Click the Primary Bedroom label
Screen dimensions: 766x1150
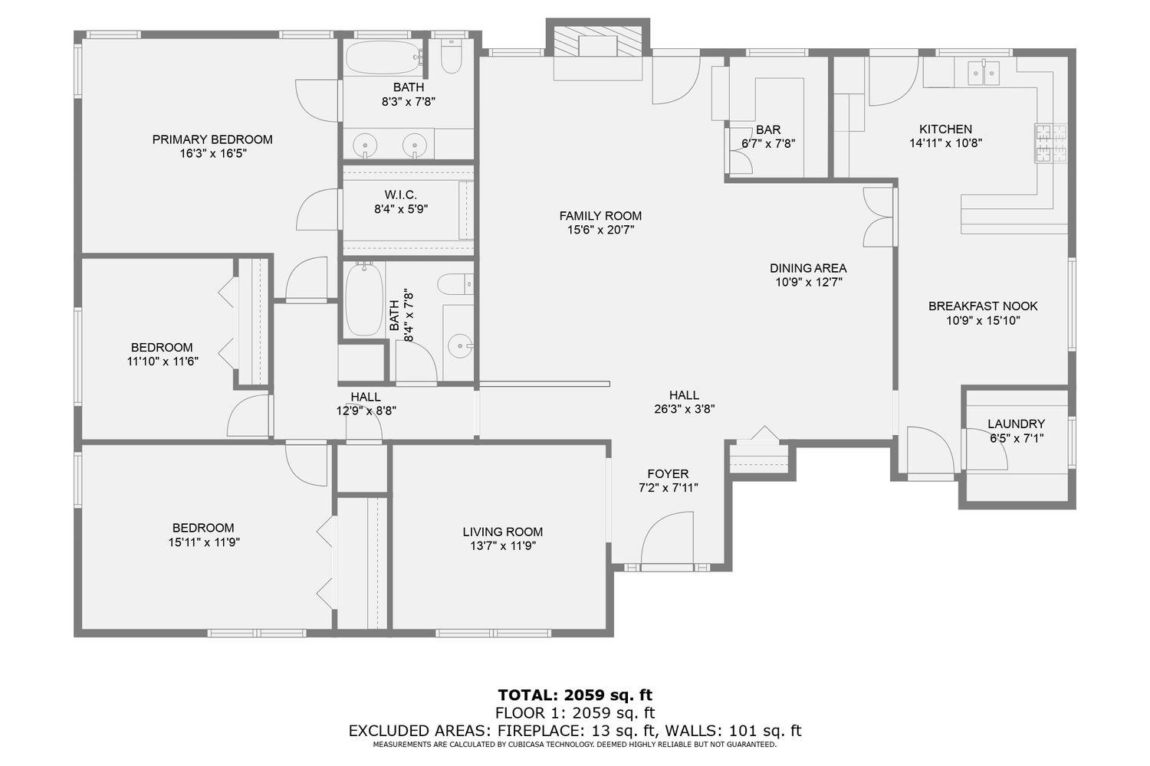(x=212, y=139)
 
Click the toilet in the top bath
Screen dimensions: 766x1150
(x=452, y=57)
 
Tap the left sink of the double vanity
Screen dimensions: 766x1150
(x=366, y=144)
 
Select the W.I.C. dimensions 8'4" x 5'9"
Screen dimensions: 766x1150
(x=401, y=208)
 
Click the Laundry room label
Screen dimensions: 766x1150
(x=1016, y=424)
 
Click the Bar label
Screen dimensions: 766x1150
(x=767, y=130)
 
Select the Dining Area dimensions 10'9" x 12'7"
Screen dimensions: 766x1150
(x=808, y=282)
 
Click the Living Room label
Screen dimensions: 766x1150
(x=502, y=532)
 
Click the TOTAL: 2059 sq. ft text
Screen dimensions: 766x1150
(x=575, y=696)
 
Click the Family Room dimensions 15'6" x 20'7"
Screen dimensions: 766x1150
(x=600, y=229)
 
